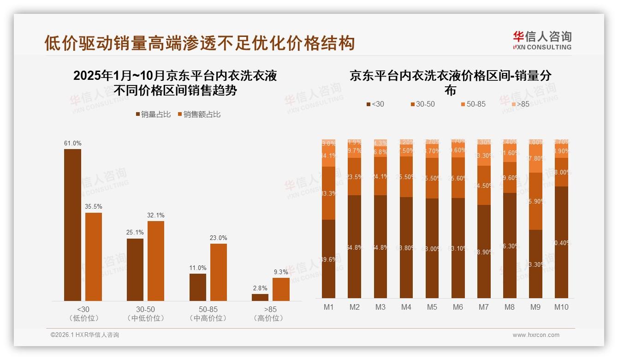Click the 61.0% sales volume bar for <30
coord(72,225)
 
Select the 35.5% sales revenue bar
coord(94,257)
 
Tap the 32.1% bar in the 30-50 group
coord(156,261)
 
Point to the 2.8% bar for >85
coord(260,297)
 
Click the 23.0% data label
coord(219,238)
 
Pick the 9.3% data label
coord(281,272)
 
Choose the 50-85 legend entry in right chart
coord(472,104)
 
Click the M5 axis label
coord(432,307)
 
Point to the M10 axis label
coord(561,307)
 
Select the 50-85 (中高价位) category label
coord(208,314)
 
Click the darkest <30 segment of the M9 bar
coord(535,264)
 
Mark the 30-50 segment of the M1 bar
coord(328,193)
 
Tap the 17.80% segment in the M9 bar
coord(535,158)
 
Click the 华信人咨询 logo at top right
coord(542,40)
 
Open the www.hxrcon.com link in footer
coord(535,335)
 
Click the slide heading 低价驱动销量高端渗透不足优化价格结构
coord(199,43)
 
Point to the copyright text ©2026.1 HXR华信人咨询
coord(85,335)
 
